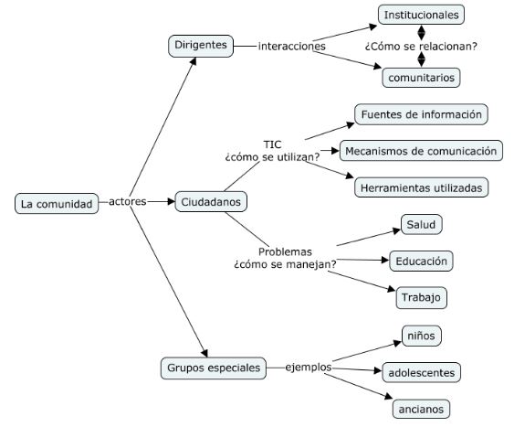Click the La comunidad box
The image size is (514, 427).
(57, 204)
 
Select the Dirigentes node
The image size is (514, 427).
(201, 46)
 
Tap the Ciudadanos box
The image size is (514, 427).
(211, 201)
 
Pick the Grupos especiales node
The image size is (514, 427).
(214, 368)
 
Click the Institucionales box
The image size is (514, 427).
(421, 15)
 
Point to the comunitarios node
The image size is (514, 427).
(421, 78)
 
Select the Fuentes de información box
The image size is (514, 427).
(421, 114)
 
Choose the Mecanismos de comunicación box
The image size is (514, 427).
(421, 151)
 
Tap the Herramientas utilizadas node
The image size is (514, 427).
(421, 187)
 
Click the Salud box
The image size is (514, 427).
(421, 225)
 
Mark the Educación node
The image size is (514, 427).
(421, 262)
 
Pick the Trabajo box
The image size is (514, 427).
(421, 298)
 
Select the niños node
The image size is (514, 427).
(421, 336)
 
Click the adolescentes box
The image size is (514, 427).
(421, 372)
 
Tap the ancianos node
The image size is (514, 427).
(421, 409)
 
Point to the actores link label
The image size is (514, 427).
(127, 201)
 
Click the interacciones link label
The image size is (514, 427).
(292, 46)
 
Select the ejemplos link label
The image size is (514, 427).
(309, 368)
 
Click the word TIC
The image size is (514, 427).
(272, 144)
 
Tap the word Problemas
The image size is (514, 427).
(285, 251)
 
